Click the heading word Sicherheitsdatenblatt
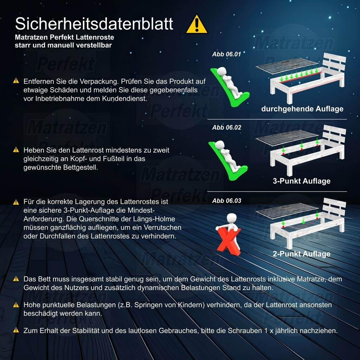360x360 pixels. coord(94,24)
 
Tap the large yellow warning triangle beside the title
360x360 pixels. coord(197,24)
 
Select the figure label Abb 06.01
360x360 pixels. coord(226,54)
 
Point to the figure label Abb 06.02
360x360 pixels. coord(227,127)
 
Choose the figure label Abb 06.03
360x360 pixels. coord(227,201)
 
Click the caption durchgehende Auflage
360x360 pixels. coord(302,109)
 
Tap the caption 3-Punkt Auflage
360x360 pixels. coord(301,181)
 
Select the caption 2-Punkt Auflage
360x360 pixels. coord(301,254)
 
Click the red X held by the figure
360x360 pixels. coord(229,241)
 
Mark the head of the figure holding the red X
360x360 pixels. coord(231,218)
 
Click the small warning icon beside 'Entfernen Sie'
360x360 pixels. coord(16,81)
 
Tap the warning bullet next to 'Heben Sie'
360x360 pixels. coord(16,150)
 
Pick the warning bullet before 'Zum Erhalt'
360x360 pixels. coord(16,330)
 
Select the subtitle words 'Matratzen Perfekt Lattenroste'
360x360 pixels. coord(65,37)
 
